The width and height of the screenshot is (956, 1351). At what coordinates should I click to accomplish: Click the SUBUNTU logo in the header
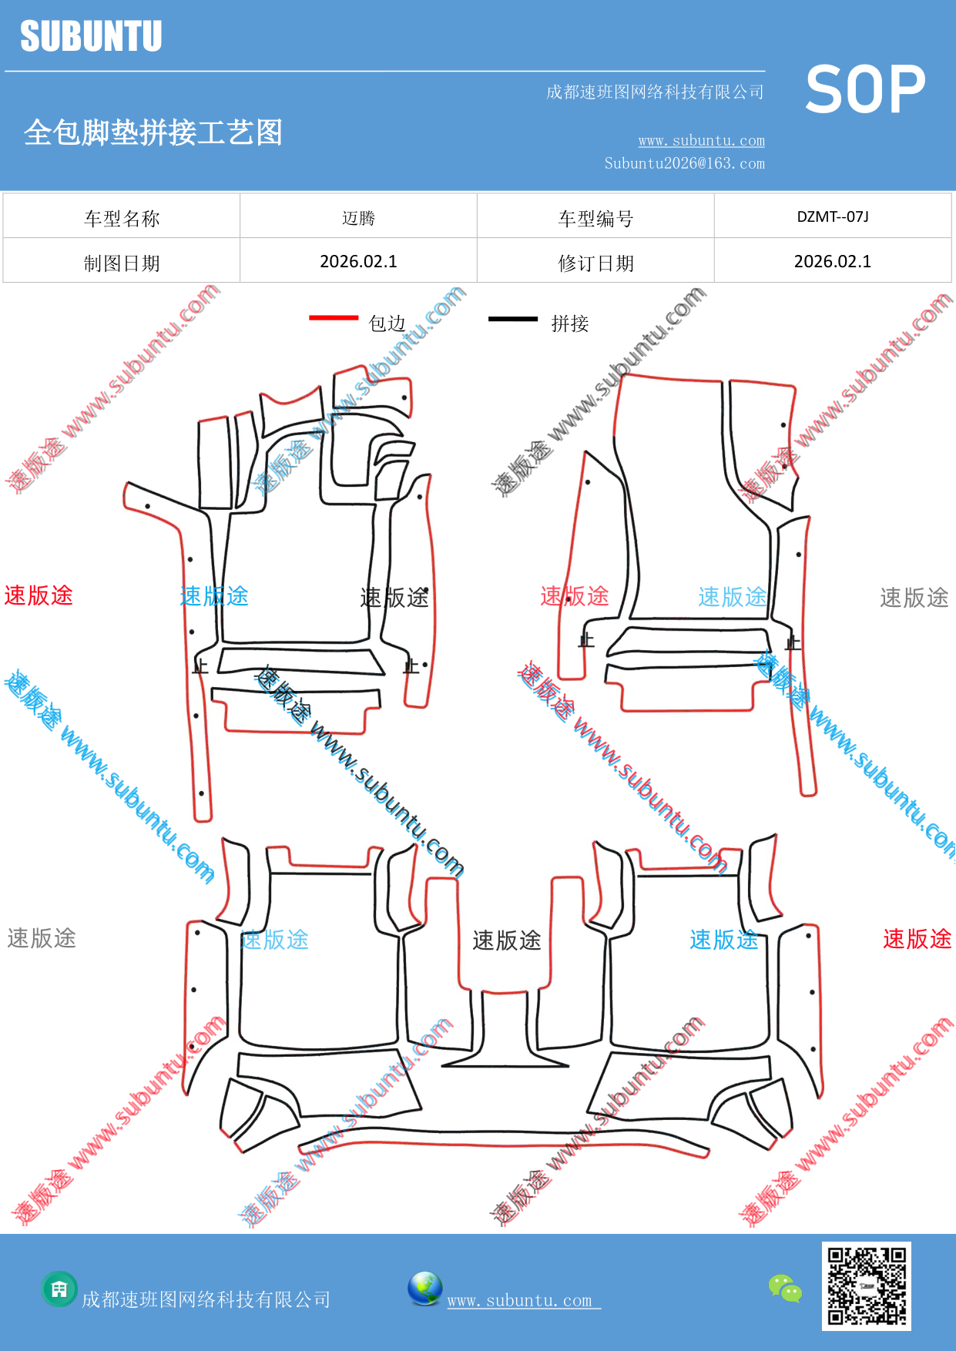(91, 36)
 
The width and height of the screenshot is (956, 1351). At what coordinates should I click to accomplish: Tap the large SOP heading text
(865, 89)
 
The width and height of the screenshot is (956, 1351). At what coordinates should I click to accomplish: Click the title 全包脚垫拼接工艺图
(153, 132)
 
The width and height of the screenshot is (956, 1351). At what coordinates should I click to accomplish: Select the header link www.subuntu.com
(701, 140)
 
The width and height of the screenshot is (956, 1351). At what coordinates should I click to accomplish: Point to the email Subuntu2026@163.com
(684, 163)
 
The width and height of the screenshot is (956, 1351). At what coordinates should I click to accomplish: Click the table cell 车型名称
(122, 216)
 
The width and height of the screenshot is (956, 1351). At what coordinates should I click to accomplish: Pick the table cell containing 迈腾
(358, 216)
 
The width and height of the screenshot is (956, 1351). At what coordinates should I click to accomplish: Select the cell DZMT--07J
(833, 216)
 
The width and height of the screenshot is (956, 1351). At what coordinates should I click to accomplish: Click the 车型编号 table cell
(595, 216)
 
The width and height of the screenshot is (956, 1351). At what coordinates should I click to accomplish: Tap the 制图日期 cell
(122, 261)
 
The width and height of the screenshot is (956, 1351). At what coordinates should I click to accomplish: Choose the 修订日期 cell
(595, 261)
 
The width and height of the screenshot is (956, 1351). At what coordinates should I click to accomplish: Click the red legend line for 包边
(334, 317)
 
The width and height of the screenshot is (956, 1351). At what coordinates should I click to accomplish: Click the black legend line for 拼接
(513, 318)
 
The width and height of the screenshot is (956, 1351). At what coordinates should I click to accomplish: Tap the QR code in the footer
(867, 1286)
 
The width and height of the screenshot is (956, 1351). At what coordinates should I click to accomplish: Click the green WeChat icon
(785, 1288)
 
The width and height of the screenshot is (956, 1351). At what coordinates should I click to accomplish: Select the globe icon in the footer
(424, 1289)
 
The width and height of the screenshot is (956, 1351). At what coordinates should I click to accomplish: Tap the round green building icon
(59, 1289)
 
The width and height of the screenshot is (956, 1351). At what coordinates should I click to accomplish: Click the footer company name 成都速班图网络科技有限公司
(206, 1299)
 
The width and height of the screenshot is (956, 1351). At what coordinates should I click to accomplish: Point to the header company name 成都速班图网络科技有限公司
(655, 92)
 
